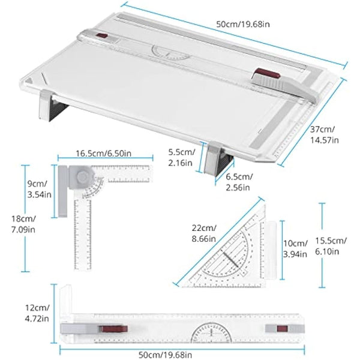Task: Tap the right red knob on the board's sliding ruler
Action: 268,76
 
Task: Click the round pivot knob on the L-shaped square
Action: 83,178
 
